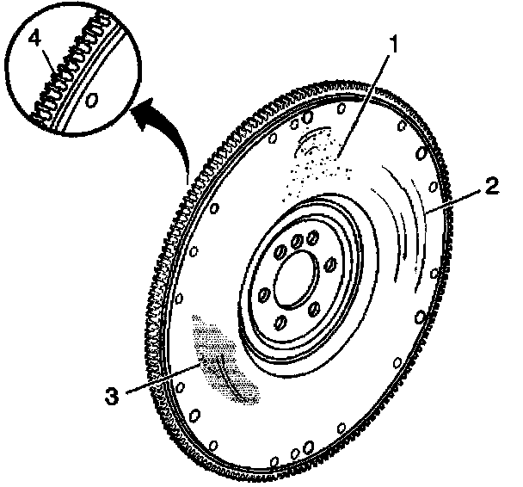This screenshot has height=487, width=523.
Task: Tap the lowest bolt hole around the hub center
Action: tap(280, 323)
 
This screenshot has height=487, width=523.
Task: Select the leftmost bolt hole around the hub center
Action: tap(261, 297)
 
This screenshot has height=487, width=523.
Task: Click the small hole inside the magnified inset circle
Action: tap(92, 100)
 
